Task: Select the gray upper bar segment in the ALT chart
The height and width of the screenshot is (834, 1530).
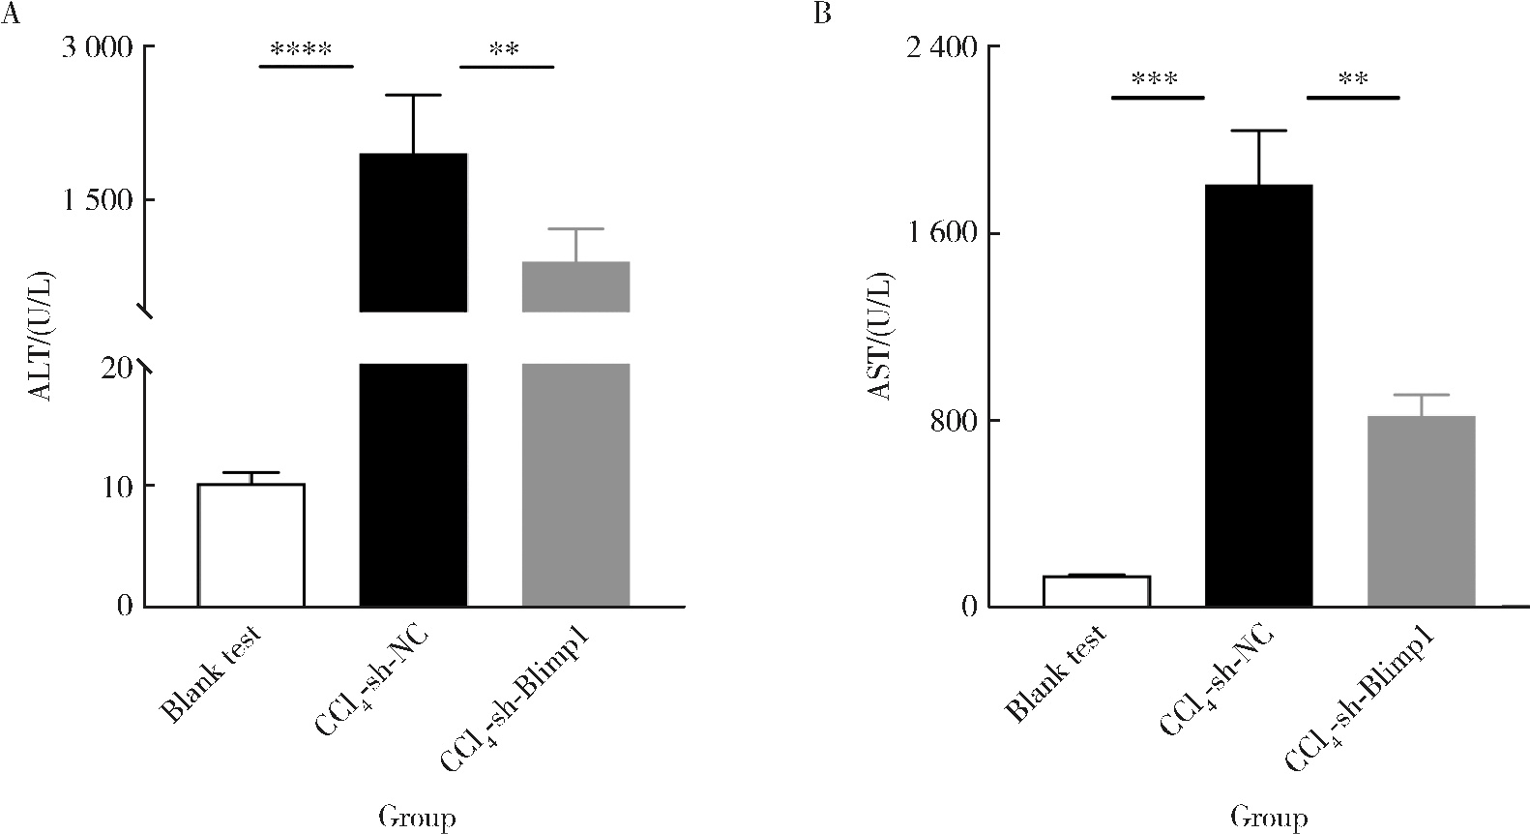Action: (x=575, y=286)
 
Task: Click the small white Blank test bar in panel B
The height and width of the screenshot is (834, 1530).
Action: (x=1096, y=591)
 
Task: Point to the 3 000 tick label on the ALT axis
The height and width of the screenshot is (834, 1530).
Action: (x=97, y=47)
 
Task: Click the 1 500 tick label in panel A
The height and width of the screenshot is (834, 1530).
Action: (x=97, y=200)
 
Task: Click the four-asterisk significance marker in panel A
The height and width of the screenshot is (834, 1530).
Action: (x=301, y=49)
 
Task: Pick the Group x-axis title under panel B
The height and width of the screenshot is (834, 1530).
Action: (x=1269, y=818)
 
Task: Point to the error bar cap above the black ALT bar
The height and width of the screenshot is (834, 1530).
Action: (x=413, y=95)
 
